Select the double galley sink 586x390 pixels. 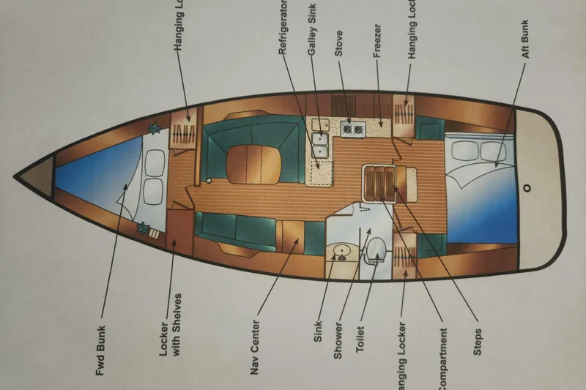(x=319, y=143)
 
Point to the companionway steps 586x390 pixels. (x=379, y=181)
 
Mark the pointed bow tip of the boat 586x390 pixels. (x=16, y=176)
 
